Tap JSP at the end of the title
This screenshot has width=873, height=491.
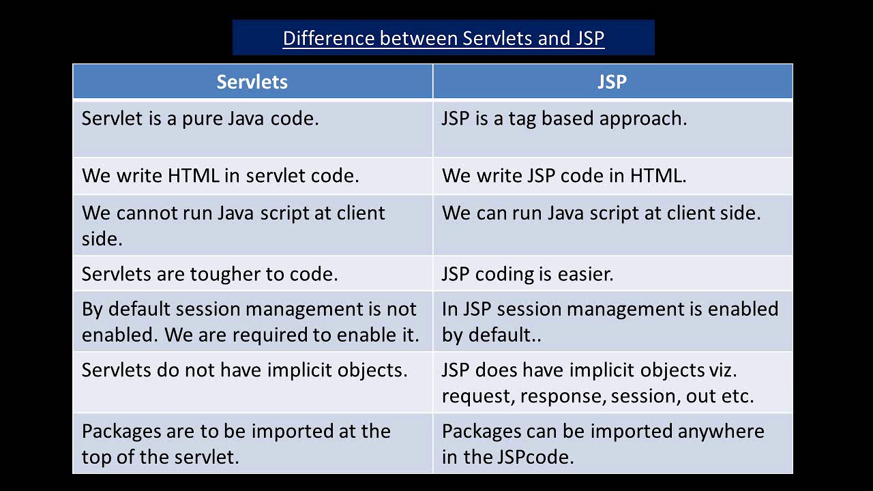coord(589,38)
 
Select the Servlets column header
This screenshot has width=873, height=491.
coord(252,82)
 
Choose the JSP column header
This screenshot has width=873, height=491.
coord(612,82)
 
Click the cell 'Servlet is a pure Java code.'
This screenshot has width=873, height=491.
coord(200,119)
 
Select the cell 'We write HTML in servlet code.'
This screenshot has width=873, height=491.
coord(220,176)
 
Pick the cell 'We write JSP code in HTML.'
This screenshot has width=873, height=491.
coord(564,176)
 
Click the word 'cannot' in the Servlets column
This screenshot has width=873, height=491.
coord(147,213)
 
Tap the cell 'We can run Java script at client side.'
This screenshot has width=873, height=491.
coord(601,213)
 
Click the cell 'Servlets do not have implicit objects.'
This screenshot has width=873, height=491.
coord(244,370)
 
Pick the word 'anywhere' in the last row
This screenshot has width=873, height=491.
coord(721,432)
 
